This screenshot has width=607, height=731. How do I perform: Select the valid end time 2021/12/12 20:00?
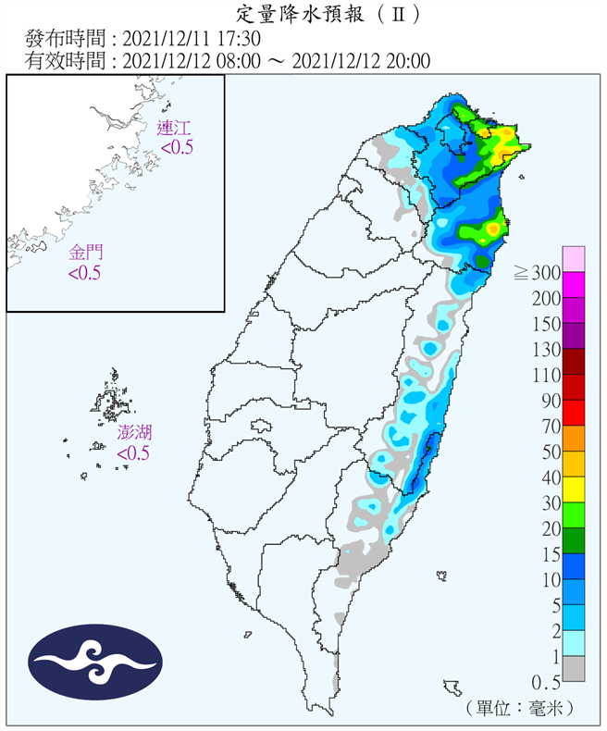click(x=361, y=61)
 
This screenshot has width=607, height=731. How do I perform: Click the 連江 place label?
click(x=176, y=129)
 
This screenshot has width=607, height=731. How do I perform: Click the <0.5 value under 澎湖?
click(x=133, y=452)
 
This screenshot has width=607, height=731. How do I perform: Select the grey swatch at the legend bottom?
click(x=574, y=669)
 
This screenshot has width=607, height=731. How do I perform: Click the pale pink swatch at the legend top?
click(x=574, y=259)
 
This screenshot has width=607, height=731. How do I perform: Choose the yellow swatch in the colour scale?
click(x=574, y=489)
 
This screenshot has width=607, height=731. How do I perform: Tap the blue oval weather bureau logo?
click(x=96, y=661)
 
